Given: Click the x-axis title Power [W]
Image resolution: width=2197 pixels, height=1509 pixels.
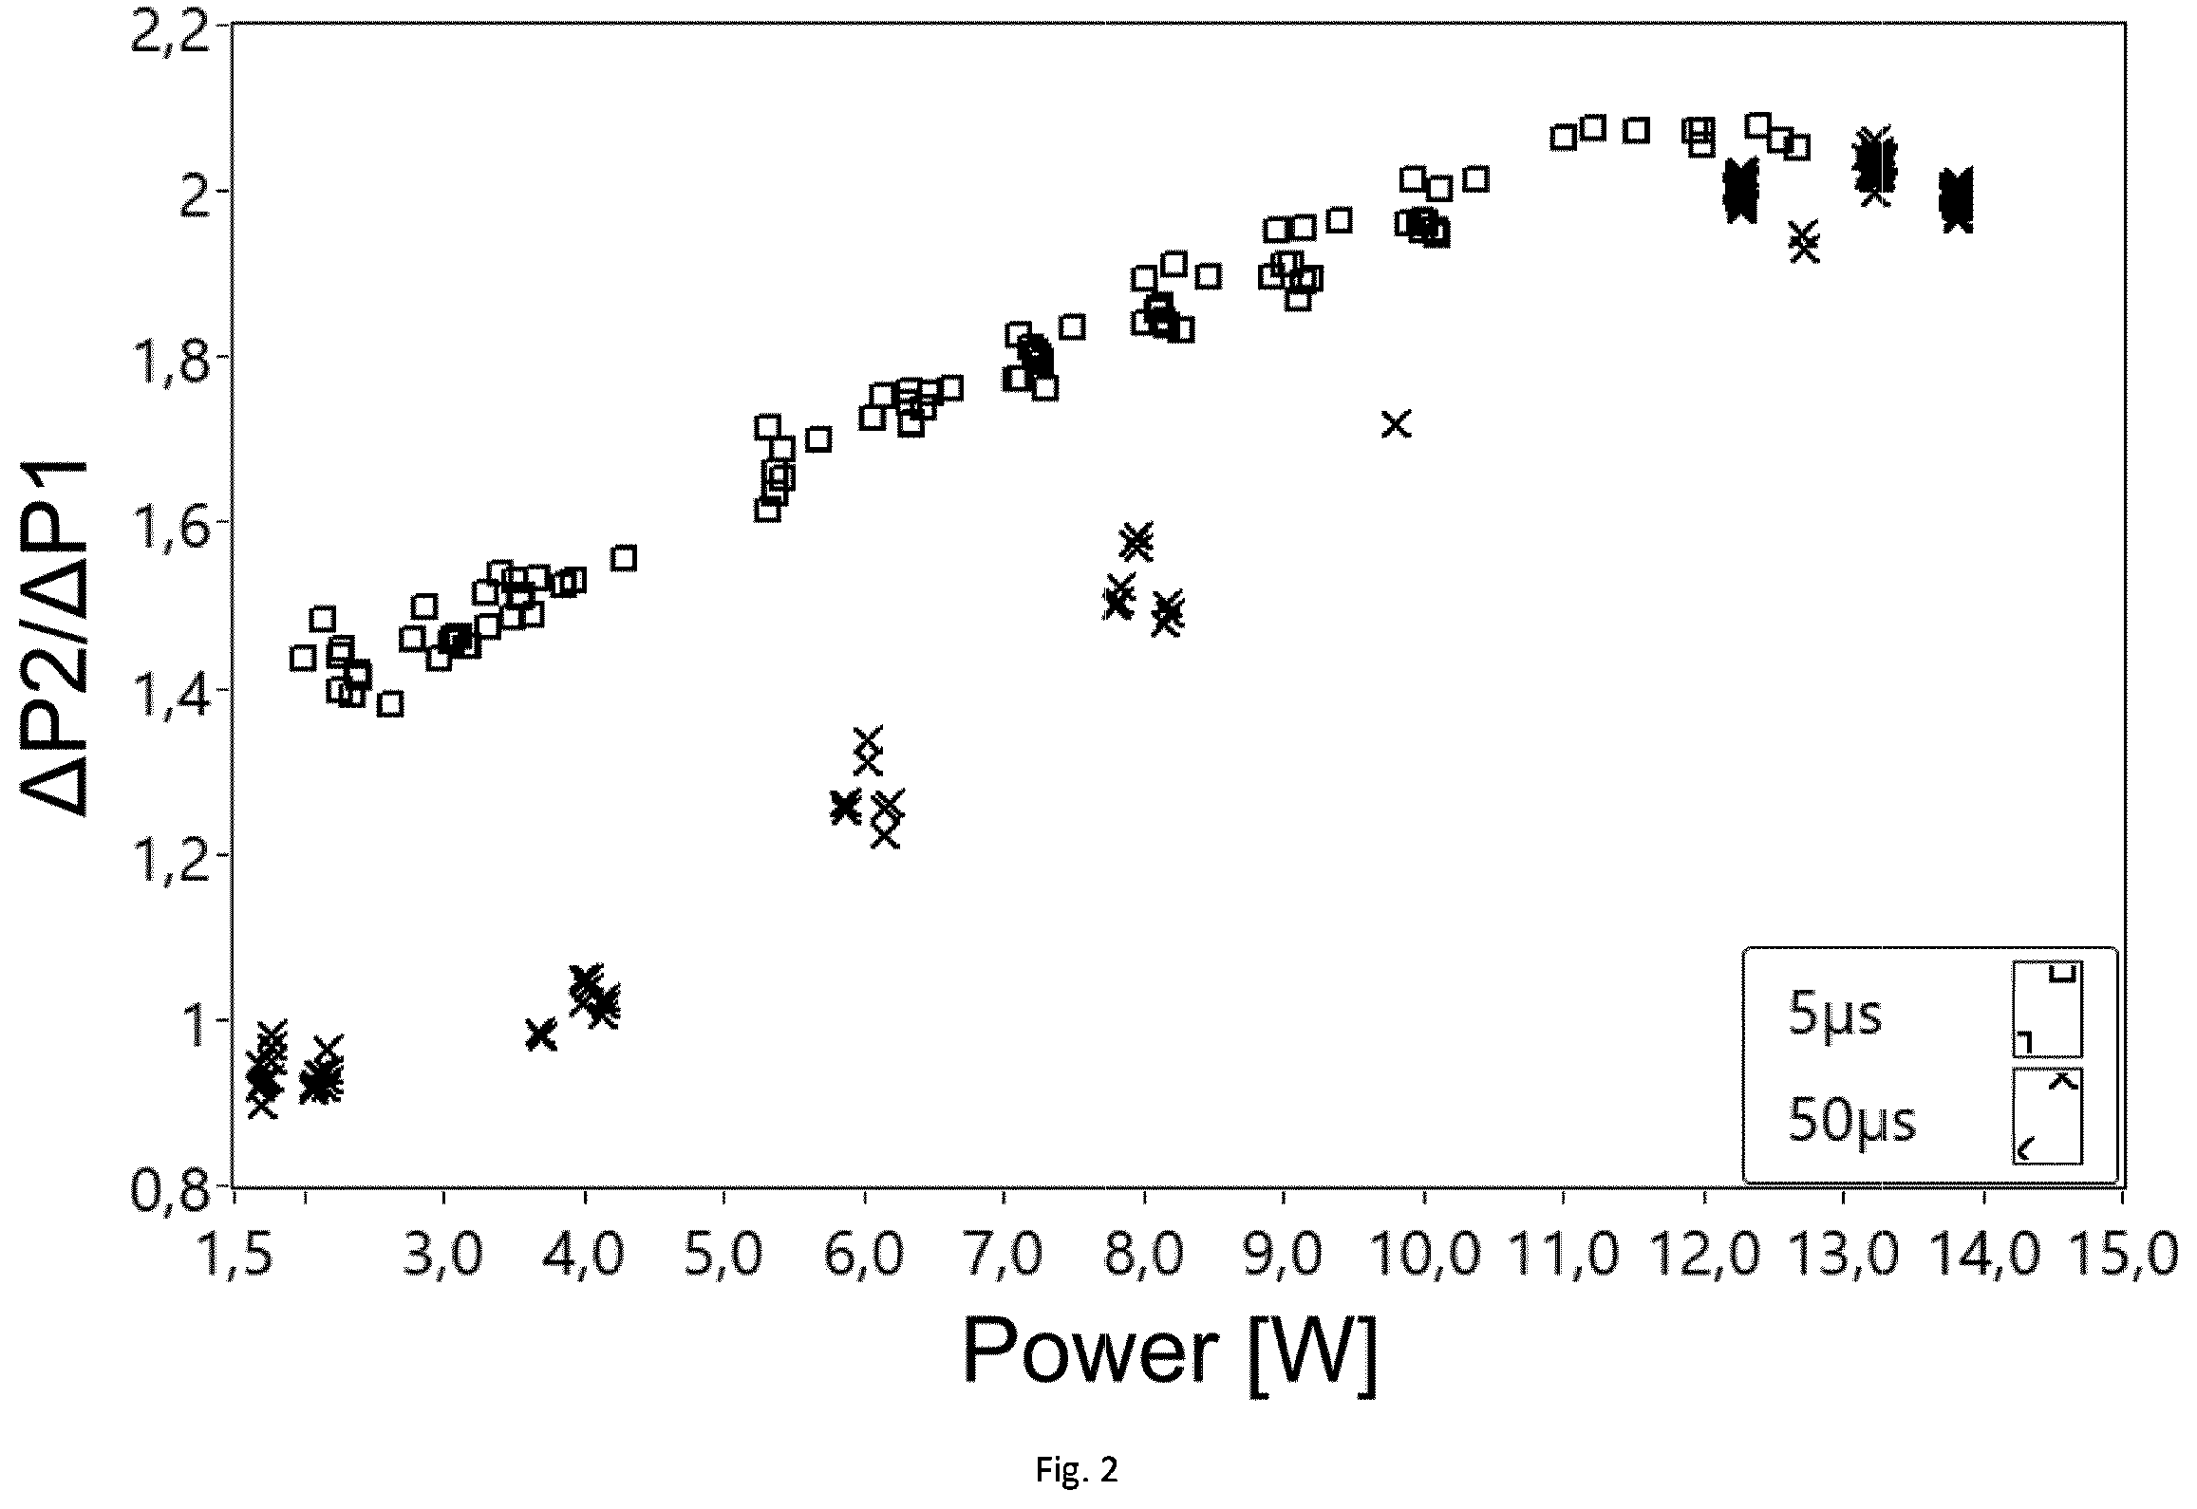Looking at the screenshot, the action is pyautogui.click(x=1170, y=1355).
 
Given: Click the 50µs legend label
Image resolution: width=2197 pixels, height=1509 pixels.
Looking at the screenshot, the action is pyautogui.click(x=1851, y=1122).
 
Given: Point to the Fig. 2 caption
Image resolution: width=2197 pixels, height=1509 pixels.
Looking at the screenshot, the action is pyautogui.click(x=1077, y=1470).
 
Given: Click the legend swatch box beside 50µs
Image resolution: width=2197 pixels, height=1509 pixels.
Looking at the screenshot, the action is pyautogui.click(x=2047, y=1116).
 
